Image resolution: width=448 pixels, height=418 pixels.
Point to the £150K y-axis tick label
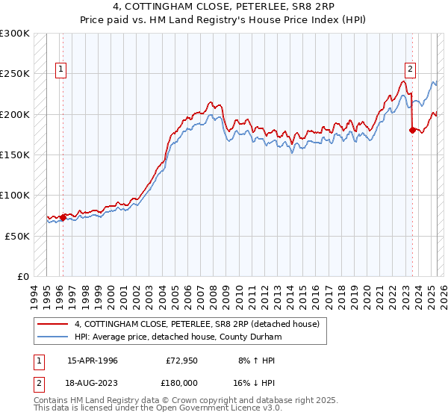point(15,155)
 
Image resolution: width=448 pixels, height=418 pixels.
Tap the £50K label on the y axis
point(17,236)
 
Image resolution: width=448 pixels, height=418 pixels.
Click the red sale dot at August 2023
point(412,131)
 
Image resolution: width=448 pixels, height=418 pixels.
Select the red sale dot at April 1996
point(63,217)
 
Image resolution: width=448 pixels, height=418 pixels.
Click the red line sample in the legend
point(52,324)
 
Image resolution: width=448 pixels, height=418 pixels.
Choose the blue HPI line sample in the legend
point(52,337)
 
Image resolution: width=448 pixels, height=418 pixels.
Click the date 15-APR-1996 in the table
point(93,361)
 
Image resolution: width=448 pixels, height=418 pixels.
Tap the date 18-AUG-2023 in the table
point(93,381)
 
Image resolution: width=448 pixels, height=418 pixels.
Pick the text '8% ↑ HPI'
point(255,361)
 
